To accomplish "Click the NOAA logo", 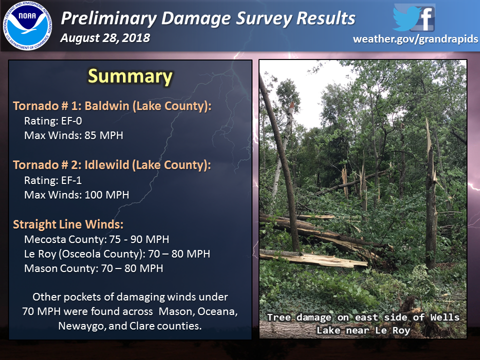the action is click(27, 25).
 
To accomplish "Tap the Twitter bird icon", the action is click(406, 18).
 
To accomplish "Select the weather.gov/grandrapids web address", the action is click(415, 39).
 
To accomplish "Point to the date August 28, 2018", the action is click(105, 38).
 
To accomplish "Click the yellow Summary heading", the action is click(130, 76).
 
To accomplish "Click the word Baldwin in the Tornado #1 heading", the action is click(107, 106).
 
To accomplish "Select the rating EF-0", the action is click(71, 121).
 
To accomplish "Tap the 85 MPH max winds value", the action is click(104, 135).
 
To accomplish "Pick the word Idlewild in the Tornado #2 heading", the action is click(107, 165).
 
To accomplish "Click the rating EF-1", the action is click(71, 180).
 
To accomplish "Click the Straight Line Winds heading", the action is click(68, 224).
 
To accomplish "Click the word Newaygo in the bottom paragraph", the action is click(81, 326).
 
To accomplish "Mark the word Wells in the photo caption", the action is click(444, 317).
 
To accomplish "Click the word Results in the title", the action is click(325, 18).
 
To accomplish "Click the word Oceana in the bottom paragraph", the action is click(217, 311).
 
